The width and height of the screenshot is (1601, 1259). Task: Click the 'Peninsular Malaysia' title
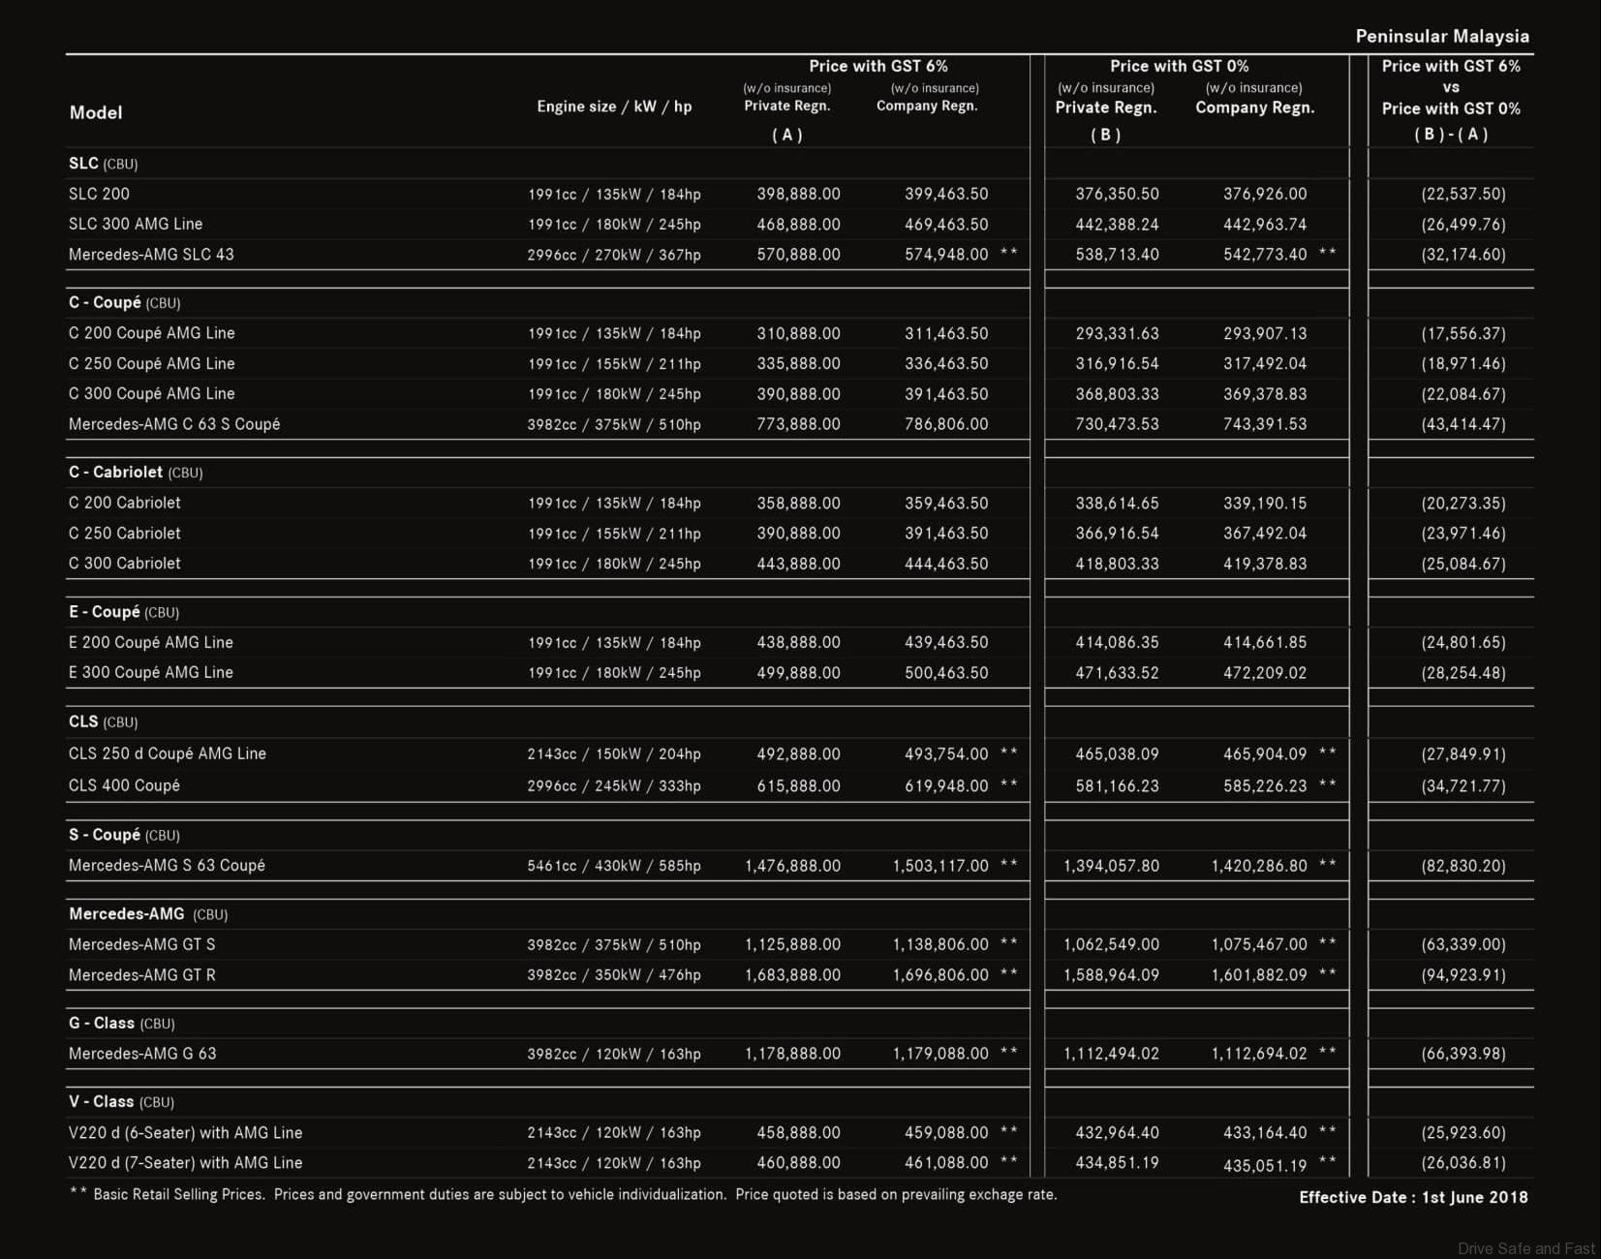1441,37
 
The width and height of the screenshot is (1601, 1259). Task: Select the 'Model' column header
96,112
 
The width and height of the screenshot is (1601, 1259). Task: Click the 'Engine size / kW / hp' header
614,107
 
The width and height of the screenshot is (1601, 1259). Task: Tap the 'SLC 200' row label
99,194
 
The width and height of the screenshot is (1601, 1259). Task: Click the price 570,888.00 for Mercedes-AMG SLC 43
798,255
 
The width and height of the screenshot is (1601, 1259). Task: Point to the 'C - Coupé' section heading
105,302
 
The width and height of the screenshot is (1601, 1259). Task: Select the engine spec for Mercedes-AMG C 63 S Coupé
614,424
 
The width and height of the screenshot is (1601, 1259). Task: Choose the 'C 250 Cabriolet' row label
125,534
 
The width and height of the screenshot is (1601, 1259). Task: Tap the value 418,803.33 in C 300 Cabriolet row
1117,564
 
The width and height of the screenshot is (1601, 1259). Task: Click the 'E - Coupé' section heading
104,612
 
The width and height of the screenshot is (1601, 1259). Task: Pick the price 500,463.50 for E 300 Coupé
946,673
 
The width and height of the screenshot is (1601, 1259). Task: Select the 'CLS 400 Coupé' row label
124,785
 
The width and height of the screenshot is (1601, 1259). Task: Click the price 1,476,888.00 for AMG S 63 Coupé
792,866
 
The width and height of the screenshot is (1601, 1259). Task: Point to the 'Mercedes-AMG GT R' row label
142,975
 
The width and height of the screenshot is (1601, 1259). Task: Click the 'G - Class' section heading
101,1024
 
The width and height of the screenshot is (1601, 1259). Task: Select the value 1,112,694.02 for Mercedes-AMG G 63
1259,1054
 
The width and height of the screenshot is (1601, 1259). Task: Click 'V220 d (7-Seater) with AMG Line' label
185,1163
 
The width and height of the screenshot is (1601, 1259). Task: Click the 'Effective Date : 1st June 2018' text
1413,1198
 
